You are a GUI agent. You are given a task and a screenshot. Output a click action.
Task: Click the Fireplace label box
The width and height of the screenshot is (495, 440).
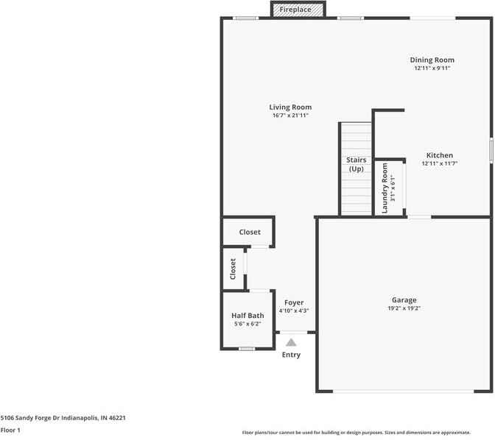click(300, 10)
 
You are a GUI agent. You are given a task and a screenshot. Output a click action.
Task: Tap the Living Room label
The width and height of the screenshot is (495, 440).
click(291, 107)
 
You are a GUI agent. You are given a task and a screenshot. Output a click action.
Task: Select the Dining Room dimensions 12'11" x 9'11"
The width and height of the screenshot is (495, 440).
click(432, 68)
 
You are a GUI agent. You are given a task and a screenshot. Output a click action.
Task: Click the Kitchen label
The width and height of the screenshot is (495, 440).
click(439, 155)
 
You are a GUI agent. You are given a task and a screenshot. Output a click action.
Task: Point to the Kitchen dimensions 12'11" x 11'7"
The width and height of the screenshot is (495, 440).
click(440, 164)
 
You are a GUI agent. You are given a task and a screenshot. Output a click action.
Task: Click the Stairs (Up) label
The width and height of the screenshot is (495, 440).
click(357, 164)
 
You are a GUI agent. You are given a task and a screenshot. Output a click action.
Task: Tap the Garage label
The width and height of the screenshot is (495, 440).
click(404, 299)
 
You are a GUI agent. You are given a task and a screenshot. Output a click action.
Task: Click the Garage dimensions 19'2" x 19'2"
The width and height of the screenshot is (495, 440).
click(404, 308)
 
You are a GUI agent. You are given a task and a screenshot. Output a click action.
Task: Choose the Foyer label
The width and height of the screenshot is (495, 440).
click(294, 302)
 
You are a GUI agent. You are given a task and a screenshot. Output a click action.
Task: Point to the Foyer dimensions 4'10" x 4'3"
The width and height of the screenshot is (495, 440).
click(294, 311)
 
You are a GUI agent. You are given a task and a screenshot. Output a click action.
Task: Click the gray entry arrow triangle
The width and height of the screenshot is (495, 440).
click(291, 342)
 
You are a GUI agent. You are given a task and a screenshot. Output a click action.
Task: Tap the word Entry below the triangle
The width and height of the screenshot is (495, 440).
click(291, 355)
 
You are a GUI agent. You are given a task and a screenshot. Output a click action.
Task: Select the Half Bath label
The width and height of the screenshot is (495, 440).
click(248, 316)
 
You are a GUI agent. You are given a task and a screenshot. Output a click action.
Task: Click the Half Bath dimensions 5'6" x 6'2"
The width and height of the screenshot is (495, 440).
click(248, 324)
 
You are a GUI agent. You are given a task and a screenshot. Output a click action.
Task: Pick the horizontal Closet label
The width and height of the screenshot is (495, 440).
click(250, 233)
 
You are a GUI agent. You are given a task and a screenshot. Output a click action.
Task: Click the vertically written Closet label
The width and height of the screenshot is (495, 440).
click(234, 269)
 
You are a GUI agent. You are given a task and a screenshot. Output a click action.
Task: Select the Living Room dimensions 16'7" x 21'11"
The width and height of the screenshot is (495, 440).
click(291, 116)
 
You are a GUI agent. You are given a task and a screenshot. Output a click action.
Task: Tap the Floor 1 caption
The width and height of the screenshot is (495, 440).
click(10, 430)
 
